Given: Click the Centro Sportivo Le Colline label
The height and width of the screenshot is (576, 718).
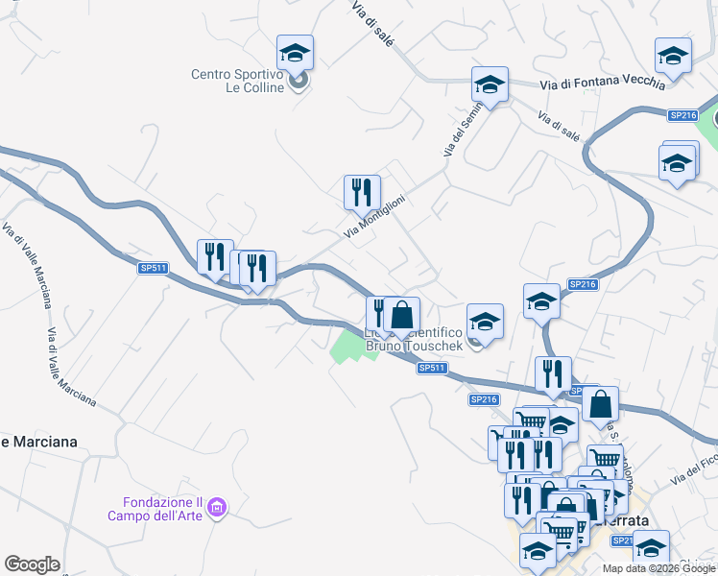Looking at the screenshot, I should pos(237,81).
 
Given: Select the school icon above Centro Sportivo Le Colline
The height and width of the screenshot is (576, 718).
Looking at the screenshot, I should pos(295,53).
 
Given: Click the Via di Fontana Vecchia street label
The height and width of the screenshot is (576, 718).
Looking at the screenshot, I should pos(602,84).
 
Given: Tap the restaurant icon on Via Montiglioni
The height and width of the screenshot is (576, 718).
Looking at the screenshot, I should pos(362,191).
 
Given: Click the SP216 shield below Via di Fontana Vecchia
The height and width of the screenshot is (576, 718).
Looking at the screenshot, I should pos(682,115).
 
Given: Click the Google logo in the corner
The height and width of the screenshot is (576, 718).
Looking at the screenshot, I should pos(32,564).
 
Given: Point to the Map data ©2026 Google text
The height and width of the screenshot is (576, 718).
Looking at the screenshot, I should pos(658,568).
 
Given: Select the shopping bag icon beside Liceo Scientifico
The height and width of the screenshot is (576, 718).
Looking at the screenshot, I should pos(403,314).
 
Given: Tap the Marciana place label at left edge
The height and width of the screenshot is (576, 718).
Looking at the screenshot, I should pos(38,442).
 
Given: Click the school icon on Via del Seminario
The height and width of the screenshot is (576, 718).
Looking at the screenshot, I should pos(490,84).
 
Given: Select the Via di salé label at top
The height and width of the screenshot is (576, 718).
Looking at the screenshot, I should pos(372,21).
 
